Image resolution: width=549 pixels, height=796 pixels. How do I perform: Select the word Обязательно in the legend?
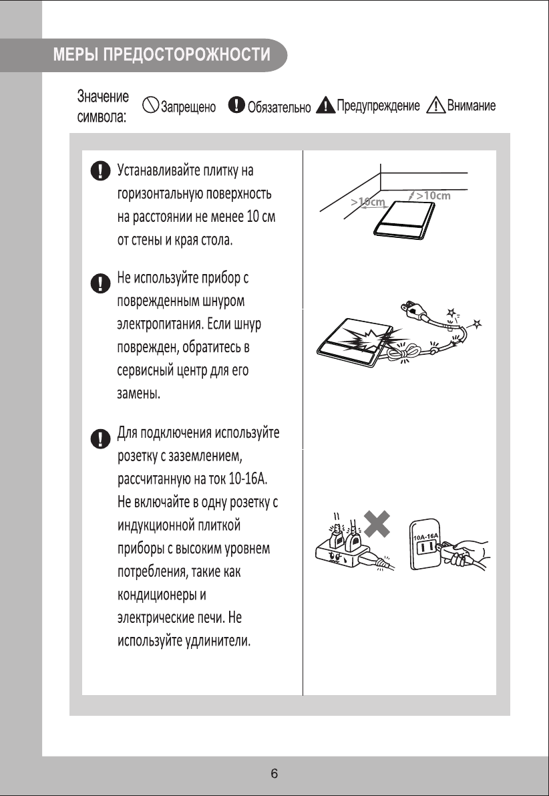pyautogui.click(x=279, y=107)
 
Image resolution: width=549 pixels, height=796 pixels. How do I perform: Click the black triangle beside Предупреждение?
pyautogui.click(x=325, y=105)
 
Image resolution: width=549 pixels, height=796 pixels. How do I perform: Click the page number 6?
pyautogui.click(x=274, y=774)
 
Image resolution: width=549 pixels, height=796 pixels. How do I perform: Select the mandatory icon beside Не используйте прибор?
pyautogui.click(x=100, y=281)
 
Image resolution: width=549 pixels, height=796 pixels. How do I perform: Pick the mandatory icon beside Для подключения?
pyautogui.click(x=100, y=438)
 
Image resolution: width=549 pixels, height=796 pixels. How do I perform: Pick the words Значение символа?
pyautogui.click(x=103, y=106)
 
